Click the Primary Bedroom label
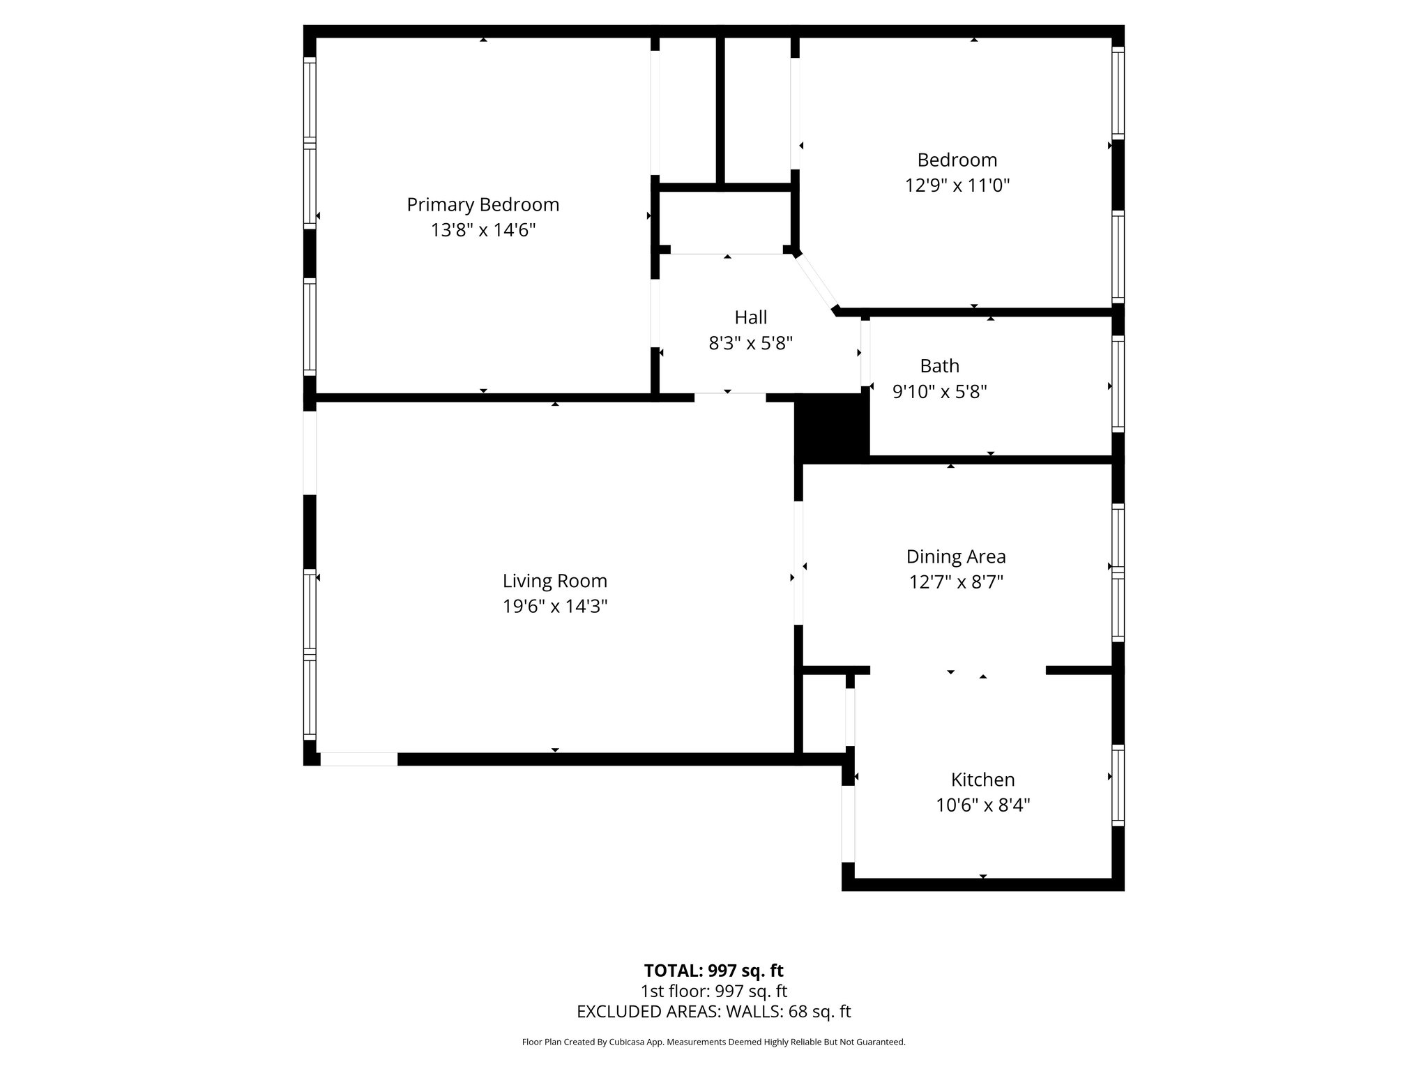483,204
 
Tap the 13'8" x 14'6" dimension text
483,230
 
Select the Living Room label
554,581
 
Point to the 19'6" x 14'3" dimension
554,607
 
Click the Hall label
750,317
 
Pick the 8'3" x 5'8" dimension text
750,343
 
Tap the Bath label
939,366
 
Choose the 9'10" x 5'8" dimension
939,392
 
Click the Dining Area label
955,556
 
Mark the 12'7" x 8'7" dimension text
955,582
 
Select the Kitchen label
982,780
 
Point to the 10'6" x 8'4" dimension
982,805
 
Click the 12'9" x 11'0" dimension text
957,185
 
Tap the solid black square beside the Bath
832,427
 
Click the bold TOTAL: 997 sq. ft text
713,971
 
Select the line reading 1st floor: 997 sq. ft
713,991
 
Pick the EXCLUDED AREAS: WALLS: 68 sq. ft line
713,1012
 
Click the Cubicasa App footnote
713,1042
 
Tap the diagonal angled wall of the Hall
816,282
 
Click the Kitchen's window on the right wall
1117,785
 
